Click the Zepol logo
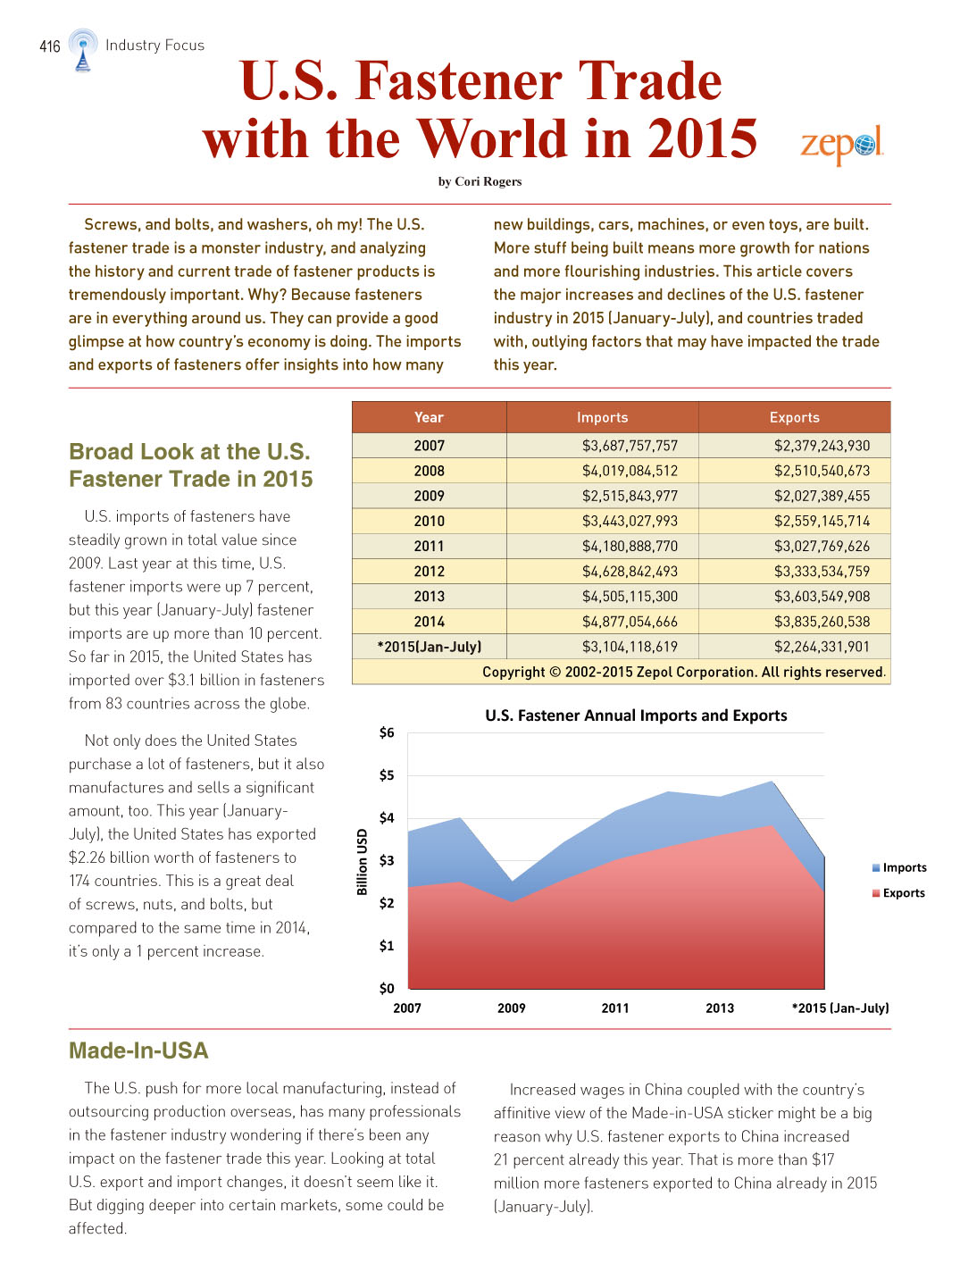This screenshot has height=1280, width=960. (842, 144)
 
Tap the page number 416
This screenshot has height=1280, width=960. (49, 46)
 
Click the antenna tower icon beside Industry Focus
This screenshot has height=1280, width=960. (83, 50)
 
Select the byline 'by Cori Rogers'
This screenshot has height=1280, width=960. (480, 181)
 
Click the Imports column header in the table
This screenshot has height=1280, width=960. (602, 417)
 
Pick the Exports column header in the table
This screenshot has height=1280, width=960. (794, 417)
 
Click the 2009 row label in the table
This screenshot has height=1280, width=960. (429, 496)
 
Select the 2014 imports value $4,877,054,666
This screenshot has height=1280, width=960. (630, 621)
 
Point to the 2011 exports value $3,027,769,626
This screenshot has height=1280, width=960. (822, 546)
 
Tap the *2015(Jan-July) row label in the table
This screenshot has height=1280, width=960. (429, 646)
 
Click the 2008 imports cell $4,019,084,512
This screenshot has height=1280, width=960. (630, 471)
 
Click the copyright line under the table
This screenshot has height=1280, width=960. (684, 672)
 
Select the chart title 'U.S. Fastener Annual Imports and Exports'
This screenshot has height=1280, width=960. (636, 715)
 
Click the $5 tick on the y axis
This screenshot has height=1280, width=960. (387, 775)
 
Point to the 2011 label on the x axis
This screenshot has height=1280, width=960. (615, 1008)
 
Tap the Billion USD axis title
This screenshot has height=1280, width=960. (362, 862)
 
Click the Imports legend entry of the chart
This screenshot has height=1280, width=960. (898, 867)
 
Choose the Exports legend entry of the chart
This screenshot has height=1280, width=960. (898, 893)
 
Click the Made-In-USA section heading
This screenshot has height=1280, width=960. (138, 1050)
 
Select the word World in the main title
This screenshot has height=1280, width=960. (493, 138)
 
